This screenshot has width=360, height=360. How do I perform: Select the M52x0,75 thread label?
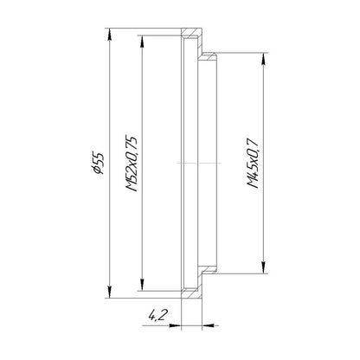132,164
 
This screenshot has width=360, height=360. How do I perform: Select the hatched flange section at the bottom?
191,288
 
